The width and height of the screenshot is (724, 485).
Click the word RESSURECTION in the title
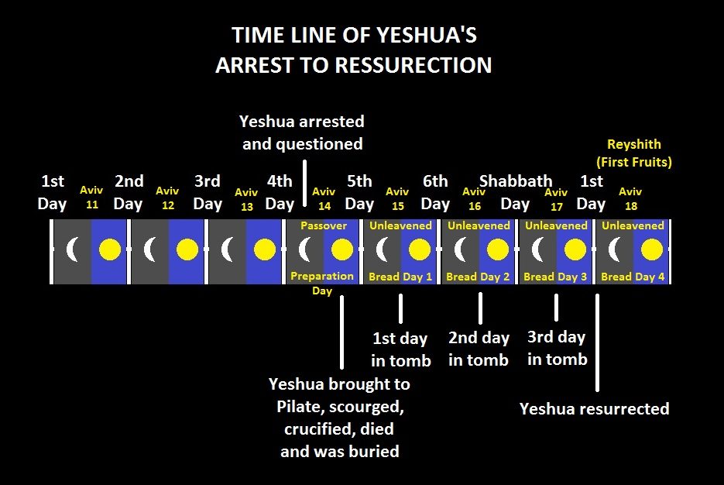click(413, 65)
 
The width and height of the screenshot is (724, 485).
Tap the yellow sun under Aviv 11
click(110, 250)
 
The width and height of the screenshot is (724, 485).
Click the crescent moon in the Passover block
click(304, 250)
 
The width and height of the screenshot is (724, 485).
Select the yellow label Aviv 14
click(324, 198)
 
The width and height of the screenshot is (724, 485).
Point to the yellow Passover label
click(323, 225)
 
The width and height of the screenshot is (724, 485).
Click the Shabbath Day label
click(515, 192)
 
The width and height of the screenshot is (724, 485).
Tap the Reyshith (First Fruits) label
click(634, 153)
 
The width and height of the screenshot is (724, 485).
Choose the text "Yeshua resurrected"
click(594, 409)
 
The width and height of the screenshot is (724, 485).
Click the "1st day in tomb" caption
click(401, 349)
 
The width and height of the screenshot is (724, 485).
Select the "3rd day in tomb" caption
click(557, 348)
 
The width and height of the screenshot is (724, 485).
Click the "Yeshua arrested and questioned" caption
click(303, 132)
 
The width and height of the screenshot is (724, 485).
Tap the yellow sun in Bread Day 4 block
click(652, 250)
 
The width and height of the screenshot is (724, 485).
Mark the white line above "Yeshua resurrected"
click(598, 342)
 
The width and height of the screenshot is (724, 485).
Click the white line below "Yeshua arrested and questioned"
click(304, 184)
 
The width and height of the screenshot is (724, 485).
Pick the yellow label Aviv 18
click(630, 198)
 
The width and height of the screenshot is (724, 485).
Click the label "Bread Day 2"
click(478, 277)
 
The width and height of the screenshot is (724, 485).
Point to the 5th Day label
click(359, 192)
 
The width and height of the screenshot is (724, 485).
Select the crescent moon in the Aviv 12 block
click(149, 250)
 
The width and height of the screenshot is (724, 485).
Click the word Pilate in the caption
click(298, 407)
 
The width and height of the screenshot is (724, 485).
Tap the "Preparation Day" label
click(322, 283)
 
